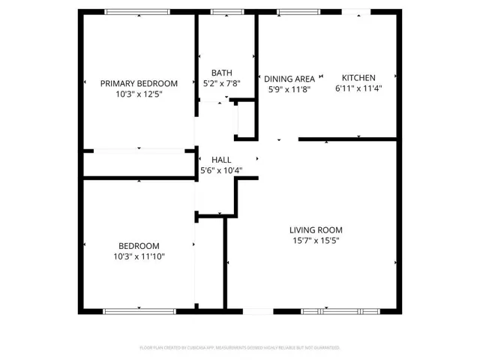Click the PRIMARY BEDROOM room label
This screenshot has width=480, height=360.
(139, 83)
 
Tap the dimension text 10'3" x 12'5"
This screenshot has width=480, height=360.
(139, 94)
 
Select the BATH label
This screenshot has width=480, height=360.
(221, 73)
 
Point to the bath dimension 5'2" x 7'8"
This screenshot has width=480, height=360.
(221, 84)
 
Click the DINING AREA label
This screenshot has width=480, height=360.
(289, 79)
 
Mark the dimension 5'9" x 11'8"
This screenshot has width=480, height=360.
(289, 89)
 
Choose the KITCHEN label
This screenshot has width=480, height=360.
(358, 77)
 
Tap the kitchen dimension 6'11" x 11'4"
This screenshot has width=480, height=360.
(358, 88)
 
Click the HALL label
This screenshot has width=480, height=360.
(221, 160)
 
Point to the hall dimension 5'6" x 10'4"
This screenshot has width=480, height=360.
(221, 170)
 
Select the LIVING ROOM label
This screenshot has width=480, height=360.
(316, 230)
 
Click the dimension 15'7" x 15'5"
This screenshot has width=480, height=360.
(316, 241)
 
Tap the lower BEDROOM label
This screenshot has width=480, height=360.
(139, 246)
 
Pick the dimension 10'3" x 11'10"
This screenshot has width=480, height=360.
(139, 256)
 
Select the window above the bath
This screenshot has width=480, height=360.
(222, 12)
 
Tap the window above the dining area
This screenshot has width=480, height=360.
(289, 12)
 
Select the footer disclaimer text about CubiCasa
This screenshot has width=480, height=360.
(240, 348)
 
